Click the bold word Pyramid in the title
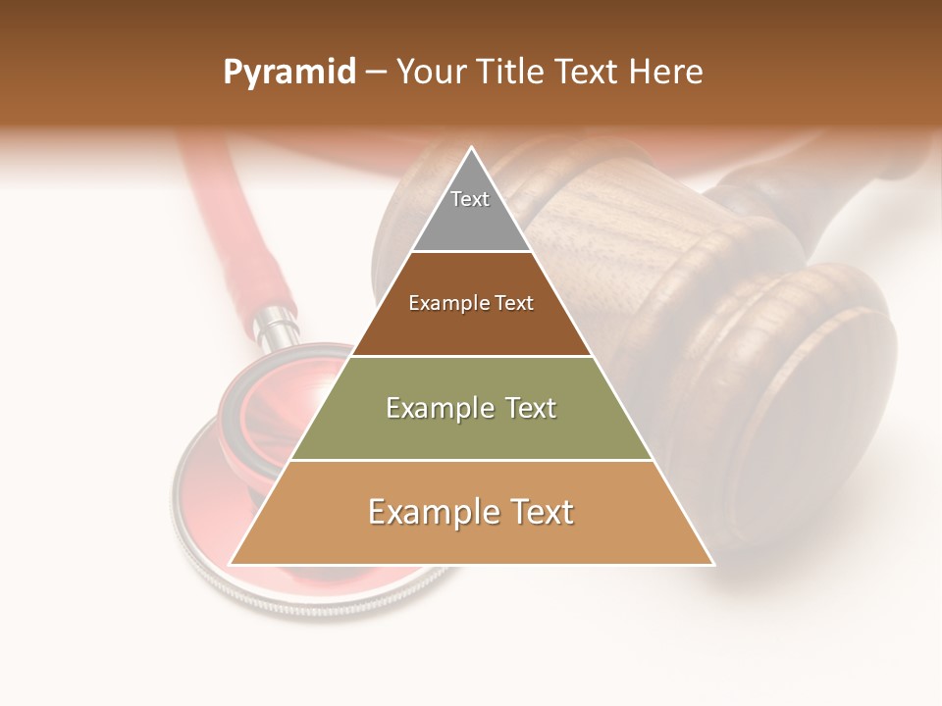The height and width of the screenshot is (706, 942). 288,73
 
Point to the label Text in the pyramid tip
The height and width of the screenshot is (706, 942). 470,199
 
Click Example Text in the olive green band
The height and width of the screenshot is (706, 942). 471,408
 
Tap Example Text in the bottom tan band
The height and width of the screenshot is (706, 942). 471,512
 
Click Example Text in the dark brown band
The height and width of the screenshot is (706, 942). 471,303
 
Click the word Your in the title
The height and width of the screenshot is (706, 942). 430,73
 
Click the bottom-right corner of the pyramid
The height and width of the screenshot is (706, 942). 713,565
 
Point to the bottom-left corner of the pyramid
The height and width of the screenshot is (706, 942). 230,565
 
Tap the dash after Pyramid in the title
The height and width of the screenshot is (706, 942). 374,73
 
